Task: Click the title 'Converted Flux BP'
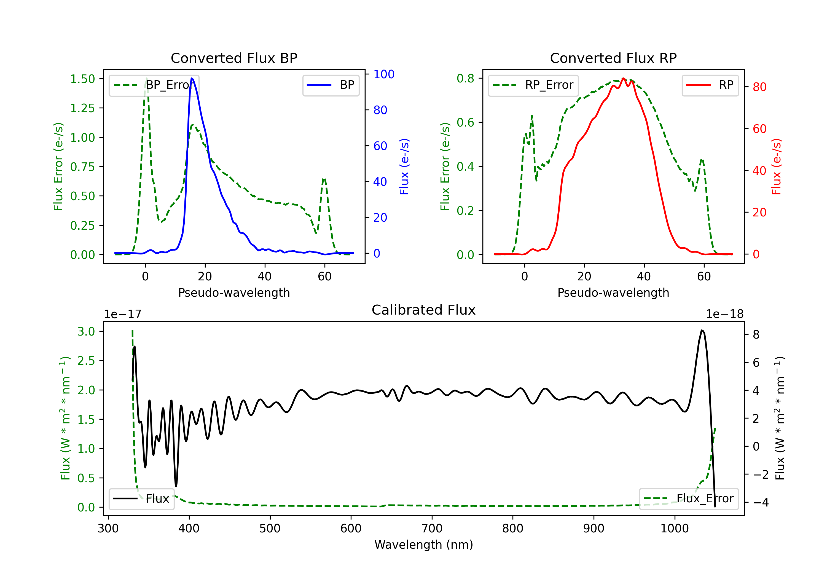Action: (x=234, y=58)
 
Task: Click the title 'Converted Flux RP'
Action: (x=613, y=58)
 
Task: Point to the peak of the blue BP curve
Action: (x=192, y=78)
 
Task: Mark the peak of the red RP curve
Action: (x=623, y=78)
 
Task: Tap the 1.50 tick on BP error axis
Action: (x=82, y=79)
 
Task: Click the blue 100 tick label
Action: (x=384, y=74)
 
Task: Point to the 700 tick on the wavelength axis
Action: (x=432, y=529)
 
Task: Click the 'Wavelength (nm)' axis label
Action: (x=424, y=545)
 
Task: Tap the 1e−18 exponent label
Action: (x=724, y=314)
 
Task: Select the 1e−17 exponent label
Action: (x=123, y=314)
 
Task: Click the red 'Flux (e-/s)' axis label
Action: (x=776, y=167)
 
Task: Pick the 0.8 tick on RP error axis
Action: (x=465, y=78)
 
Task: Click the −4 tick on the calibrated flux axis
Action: (x=761, y=502)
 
